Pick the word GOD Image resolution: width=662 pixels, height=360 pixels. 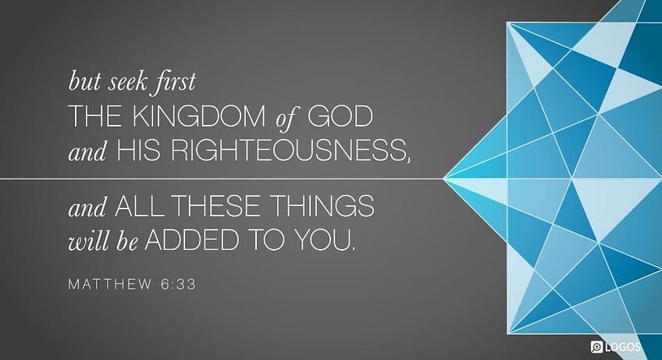click(340, 118)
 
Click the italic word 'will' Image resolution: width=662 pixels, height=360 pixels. click(86, 241)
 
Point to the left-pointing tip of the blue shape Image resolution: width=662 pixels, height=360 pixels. click(443, 179)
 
